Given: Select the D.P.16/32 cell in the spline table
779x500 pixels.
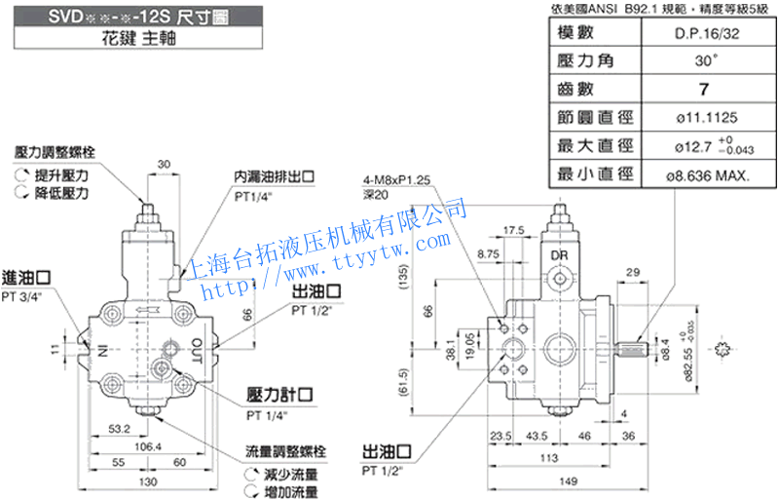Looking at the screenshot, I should click(703, 32).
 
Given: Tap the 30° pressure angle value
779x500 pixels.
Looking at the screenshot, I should click(703, 60).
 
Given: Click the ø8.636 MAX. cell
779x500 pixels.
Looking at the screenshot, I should click(703, 175).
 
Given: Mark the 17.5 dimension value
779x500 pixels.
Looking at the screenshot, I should click(514, 231).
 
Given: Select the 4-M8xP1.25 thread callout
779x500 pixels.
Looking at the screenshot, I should click(395, 181).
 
